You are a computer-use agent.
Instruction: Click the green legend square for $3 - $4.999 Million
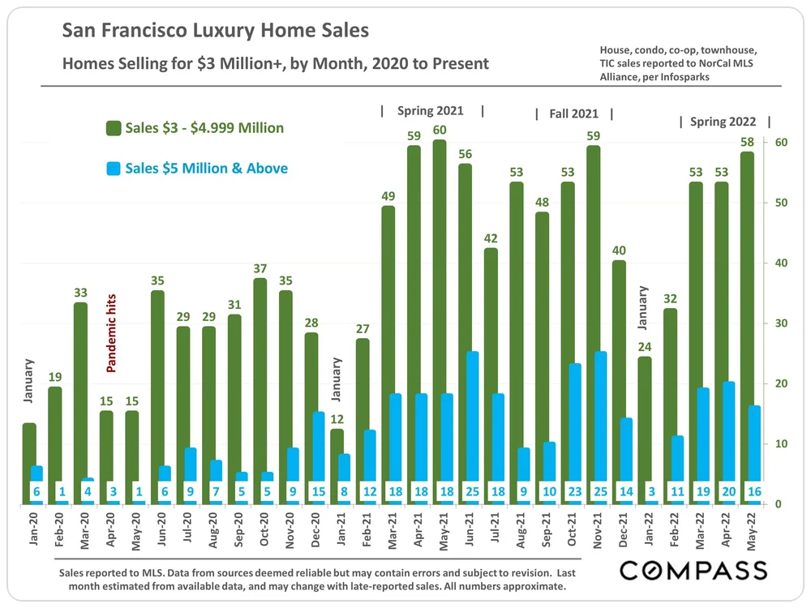(113, 128)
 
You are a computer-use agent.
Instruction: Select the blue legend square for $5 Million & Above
(113, 169)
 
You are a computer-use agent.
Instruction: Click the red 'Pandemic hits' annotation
(112, 333)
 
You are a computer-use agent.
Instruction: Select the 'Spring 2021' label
(431, 110)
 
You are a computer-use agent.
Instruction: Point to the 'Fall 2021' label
(573, 114)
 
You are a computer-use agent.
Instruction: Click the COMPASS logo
(693, 570)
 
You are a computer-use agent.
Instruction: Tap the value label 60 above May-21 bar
(439, 130)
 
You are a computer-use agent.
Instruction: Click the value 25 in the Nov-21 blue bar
(600, 490)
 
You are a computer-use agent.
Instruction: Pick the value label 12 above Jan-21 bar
(337, 419)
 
